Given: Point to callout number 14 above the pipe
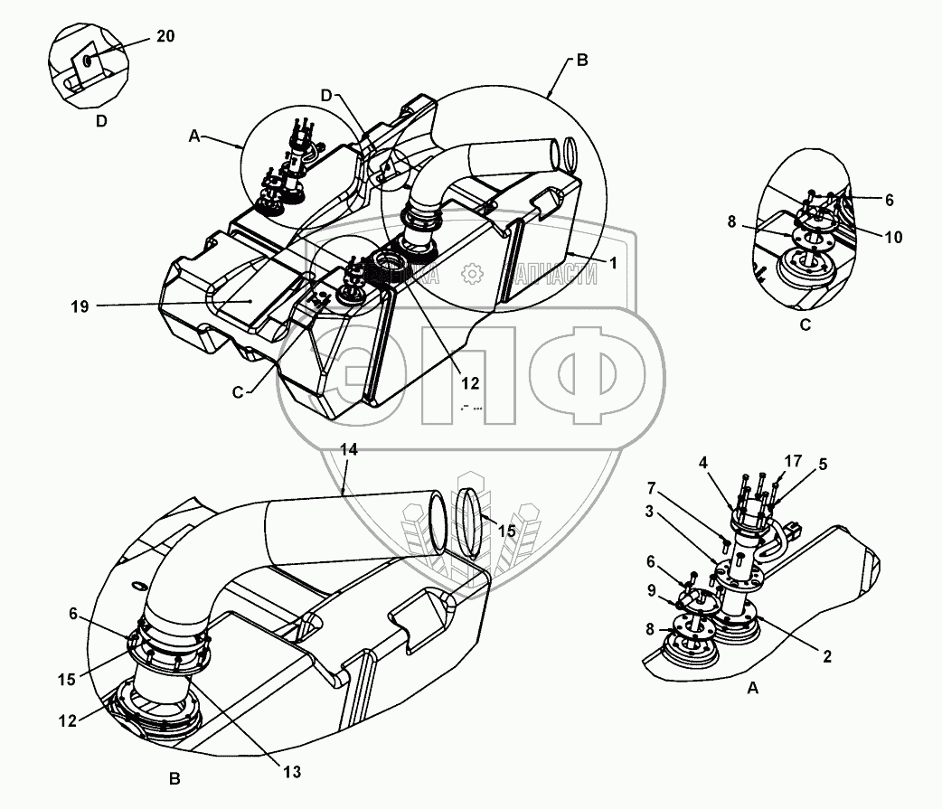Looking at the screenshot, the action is pos(348,449).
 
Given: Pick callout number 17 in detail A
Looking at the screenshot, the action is pos(793,461).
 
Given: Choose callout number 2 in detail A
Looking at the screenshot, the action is pos(827,657).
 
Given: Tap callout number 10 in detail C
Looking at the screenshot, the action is pos(893,238).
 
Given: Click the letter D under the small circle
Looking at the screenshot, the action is pos(101,120).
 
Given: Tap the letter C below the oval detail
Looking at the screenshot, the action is pos(805,325).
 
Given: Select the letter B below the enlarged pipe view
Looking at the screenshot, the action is pos(174,777).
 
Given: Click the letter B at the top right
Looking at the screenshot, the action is pos(581,61).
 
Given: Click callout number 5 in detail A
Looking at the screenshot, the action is pos(822,466).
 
